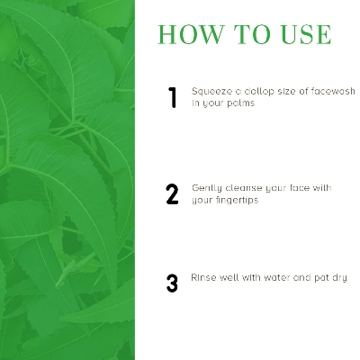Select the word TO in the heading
[x=253, y=34]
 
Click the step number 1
[x=173, y=97]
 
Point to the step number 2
[x=172, y=194]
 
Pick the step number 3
[x=172, y=283]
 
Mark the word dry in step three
[x=339, y=278]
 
